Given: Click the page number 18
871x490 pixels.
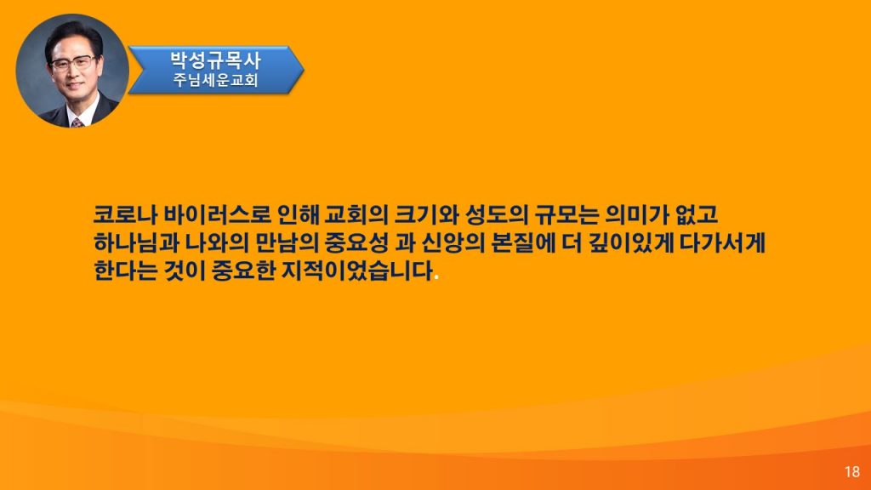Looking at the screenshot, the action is pyautogui.click(x=851, y=471).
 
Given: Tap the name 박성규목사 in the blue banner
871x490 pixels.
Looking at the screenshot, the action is pyautogui.click(x=215, y=60).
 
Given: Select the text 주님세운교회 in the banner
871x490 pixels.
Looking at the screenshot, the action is pyautogui.click(x=215, y=80).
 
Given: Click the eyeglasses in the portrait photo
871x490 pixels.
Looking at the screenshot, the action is pyautogui.click(x=73, y=63).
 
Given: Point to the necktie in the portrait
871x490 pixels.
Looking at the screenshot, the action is pyautogui.click(x=77, y=122).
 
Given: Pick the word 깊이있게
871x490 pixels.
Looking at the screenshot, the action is pyautogui.click(x=630, y=243).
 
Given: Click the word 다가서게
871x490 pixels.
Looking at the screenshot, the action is pyautogui.click(x=722, y=243).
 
